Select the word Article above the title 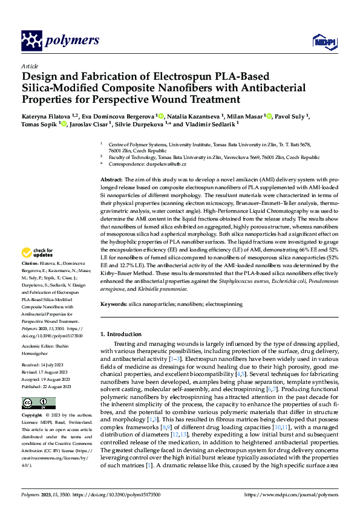[29, 65]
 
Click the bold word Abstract [111, 180]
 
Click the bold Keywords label [114, 305]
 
